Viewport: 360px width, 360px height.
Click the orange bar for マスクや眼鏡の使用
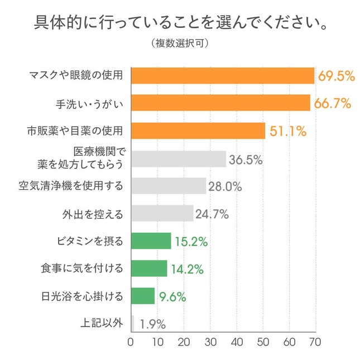tap(223, 76)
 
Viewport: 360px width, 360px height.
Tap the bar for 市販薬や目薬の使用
tap(198, 131)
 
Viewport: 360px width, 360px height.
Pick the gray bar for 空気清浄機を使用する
tap(169, 186)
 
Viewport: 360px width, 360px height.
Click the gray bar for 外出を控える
tap(162, 213)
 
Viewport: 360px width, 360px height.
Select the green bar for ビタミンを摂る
tap(151, 241)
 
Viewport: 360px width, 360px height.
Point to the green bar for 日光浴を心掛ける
tap(143, 296)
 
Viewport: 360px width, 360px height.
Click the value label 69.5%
tap(337, 76)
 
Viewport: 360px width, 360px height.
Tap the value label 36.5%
tap(246, 159)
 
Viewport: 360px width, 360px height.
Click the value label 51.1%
tap(287, 131)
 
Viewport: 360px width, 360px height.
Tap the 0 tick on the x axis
tap(131, 342)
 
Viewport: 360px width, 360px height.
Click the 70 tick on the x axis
tap(315, 342)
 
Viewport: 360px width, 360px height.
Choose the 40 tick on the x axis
tap(236, 342)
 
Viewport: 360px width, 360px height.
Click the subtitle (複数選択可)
tap(180, 42)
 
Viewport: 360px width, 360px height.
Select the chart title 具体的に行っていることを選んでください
tap(180, 23)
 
